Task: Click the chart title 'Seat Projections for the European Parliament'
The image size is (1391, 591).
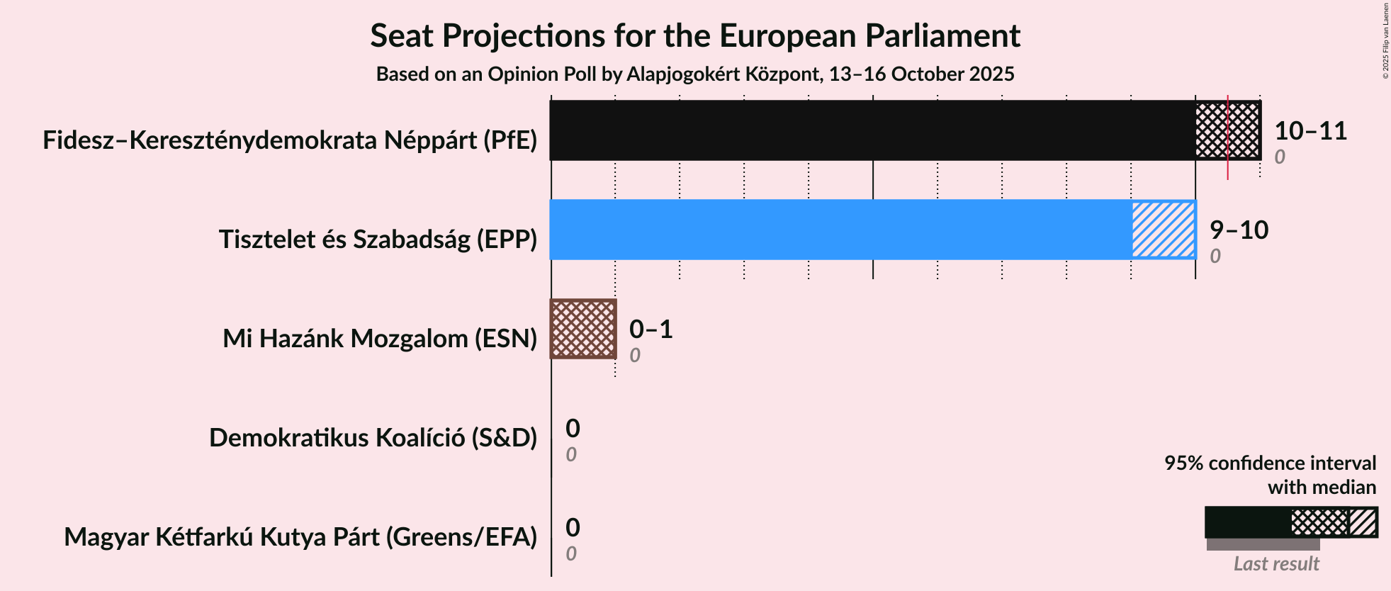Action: click(x=695, y=36)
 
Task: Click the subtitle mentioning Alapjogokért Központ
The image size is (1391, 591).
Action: click(x=695, y=74)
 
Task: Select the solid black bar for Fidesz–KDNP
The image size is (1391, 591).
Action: click(x=872, y=130)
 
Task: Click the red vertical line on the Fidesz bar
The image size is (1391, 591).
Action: click(x=1228, y=170)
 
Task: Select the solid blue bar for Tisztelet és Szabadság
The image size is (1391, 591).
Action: click(x=840, y=230)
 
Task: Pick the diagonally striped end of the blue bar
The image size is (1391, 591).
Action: click(x=1163, y=230)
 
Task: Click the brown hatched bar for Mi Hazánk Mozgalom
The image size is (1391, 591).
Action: click(x=583, y=329)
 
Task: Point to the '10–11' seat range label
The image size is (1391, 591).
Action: click(x=1310, y=131)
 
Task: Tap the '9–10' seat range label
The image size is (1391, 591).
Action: click(x=1239, y=230)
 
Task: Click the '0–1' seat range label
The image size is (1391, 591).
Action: click(x=651, y=330)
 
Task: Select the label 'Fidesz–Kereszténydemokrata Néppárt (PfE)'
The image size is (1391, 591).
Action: click(x=290, y=140)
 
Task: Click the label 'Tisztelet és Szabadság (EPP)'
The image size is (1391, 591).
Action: click(x=378, y=240)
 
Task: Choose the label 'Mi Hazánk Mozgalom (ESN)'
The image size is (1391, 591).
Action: click(x=380, y=339)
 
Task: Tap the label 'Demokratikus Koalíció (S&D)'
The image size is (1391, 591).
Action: click(x=373, y=438)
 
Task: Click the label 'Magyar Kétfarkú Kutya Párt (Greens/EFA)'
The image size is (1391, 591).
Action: click(x=300, y=537)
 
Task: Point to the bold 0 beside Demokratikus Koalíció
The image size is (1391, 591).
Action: click(x=573, y=429)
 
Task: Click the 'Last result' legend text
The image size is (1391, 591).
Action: click(x=1276, y=563)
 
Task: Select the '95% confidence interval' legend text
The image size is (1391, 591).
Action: click(x=1270, y=463)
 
